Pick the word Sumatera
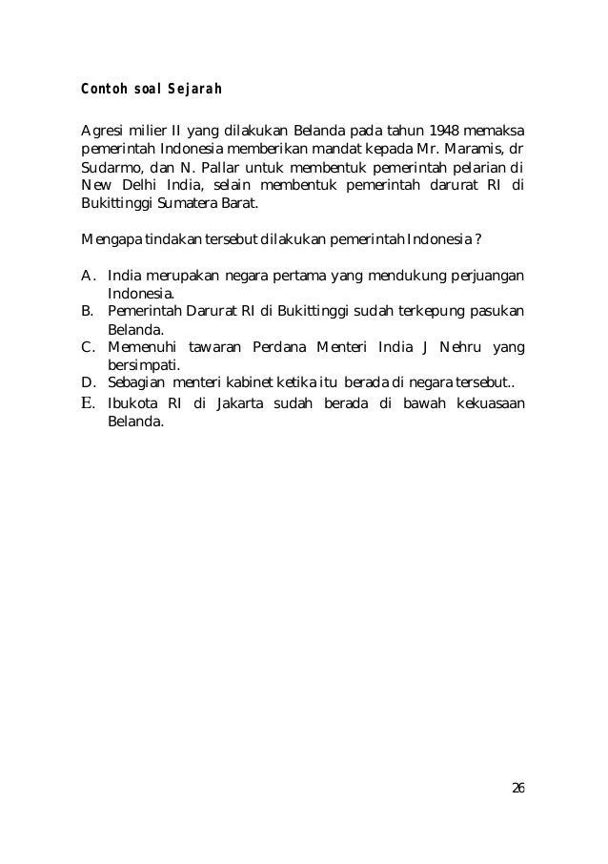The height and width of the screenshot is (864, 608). click(186, 203)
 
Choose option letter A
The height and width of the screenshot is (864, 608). click(87, 276)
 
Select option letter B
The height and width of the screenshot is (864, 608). click(87, 311)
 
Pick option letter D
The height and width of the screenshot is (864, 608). click(87, 382)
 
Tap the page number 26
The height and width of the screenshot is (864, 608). click(517, 788)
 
